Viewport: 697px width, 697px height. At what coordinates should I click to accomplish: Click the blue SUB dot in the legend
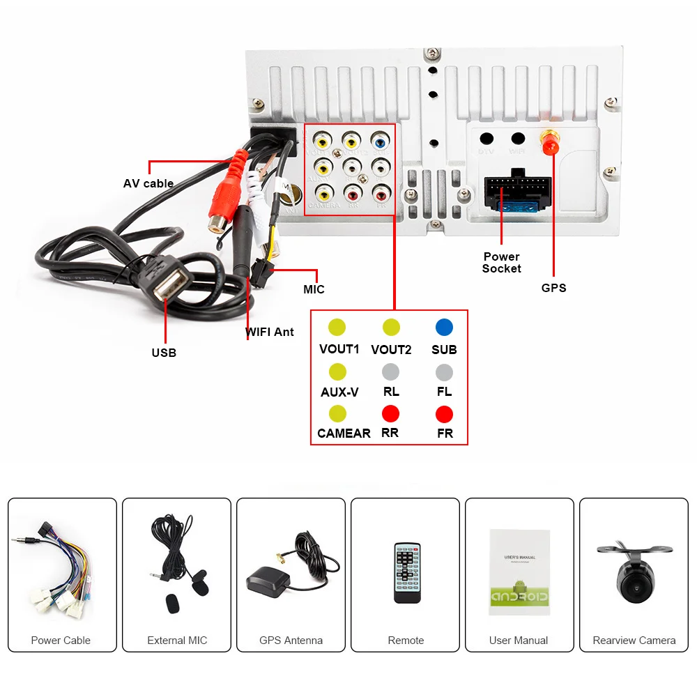tap(444, 327)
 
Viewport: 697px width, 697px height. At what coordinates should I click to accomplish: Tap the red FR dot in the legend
tap(444, 414)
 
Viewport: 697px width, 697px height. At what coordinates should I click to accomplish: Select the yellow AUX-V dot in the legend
tap(337, 371)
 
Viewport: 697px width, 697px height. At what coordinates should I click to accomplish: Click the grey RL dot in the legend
tap(391, 372)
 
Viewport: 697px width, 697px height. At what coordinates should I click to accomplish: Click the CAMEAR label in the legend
tap(344, 434)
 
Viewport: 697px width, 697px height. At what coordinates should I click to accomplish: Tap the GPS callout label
tap(554, 288)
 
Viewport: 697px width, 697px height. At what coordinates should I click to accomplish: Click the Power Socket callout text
tap(502, 263)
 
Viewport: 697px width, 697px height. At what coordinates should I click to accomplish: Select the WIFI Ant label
tap(270, 332)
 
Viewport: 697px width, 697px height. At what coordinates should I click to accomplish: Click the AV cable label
tap(148, 183)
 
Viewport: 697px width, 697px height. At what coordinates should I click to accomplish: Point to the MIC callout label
tap(314, 289)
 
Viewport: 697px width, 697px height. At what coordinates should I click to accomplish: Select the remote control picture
tap(406, 572)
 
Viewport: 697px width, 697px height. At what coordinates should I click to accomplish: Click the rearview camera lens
tap(634, 586)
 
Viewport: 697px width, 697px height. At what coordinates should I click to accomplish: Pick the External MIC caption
tap(177, 641)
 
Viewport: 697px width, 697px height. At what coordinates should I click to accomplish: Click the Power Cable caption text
tap(61, 641)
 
